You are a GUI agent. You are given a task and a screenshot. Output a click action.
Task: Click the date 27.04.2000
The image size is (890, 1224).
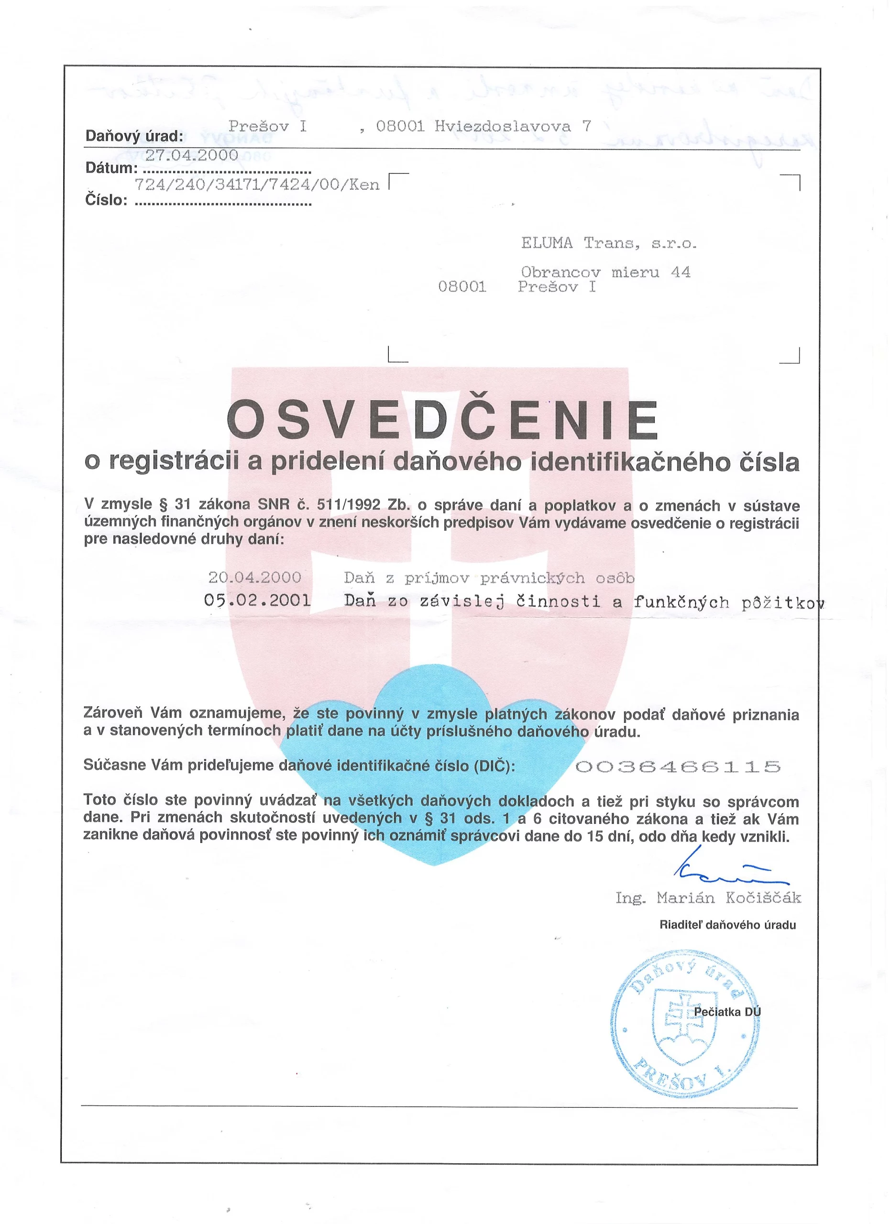click(x=192, y=155)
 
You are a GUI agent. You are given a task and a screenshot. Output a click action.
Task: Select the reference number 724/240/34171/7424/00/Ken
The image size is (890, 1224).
click(x=257, y=185)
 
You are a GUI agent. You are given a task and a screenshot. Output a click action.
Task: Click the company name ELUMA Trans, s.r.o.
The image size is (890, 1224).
click(x=609, y=243)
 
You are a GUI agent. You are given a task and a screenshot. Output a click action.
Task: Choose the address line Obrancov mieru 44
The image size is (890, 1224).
click(x=605, y=273)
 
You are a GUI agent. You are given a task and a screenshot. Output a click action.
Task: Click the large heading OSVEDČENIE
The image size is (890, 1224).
click(x=442, y=422)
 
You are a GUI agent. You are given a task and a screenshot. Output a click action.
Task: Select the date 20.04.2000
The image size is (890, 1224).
click(x=255, y=578)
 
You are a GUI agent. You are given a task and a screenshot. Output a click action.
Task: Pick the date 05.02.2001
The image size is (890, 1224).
click(x=257, y=601)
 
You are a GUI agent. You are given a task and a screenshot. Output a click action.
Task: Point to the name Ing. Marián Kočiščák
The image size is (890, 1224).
click(x=708, y=898)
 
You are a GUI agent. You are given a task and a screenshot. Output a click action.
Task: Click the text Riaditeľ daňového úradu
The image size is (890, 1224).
click(x=727, y=925)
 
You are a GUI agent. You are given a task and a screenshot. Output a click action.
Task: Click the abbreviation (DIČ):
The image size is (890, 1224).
click(x=494, y=766)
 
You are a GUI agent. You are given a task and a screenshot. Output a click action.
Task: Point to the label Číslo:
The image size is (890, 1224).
click(x=106, y=201)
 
